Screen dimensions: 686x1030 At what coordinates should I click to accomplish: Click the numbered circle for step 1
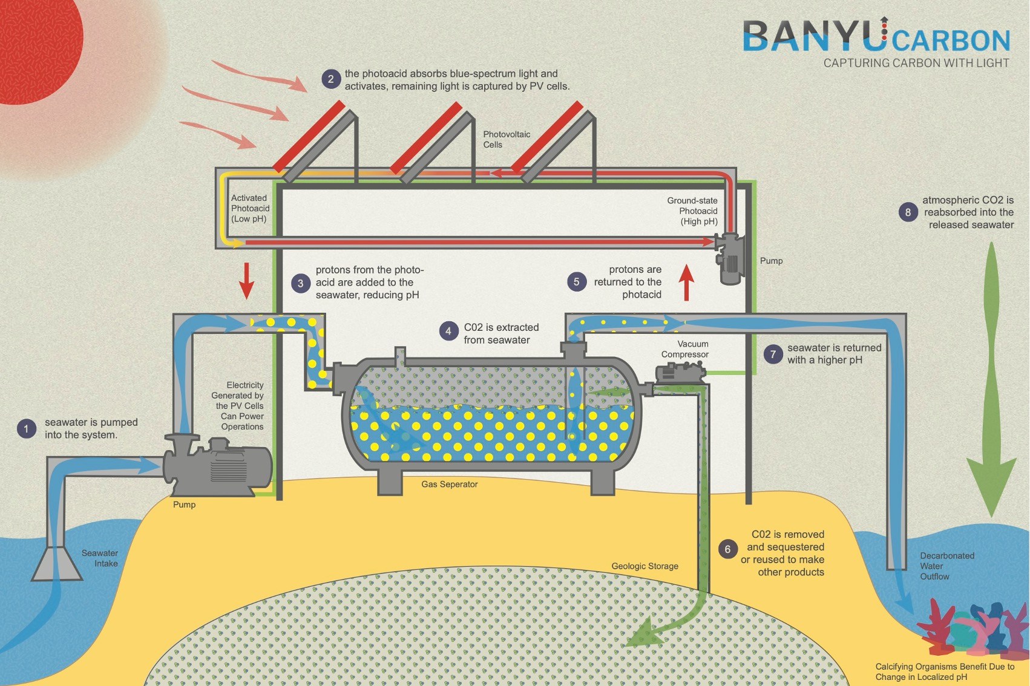point(26,429)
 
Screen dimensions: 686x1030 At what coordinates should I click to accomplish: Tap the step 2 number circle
point(330,79)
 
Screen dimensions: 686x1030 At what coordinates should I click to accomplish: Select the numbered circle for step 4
point(448,331)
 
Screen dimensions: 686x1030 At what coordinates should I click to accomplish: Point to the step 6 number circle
point(727,549)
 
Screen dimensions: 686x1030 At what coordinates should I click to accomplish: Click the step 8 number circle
point(908,212)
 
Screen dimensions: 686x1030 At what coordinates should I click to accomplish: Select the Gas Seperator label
point(450,485)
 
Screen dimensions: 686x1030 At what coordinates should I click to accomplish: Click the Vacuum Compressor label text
point(685,349)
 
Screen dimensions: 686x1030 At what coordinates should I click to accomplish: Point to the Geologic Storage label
point(645,566)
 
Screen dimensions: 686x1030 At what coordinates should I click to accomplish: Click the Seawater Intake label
point(100,558)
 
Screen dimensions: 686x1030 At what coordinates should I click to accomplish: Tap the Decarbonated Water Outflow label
point(946,566)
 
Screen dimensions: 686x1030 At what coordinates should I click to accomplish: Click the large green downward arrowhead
point(991,484)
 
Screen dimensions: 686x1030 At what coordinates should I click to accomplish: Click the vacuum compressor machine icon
point(681,371)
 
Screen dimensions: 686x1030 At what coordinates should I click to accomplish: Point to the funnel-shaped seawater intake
point(56,563)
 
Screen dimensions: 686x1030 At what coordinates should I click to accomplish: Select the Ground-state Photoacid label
point(693,211)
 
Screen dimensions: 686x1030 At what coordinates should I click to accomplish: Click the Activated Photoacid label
point(250,208)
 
